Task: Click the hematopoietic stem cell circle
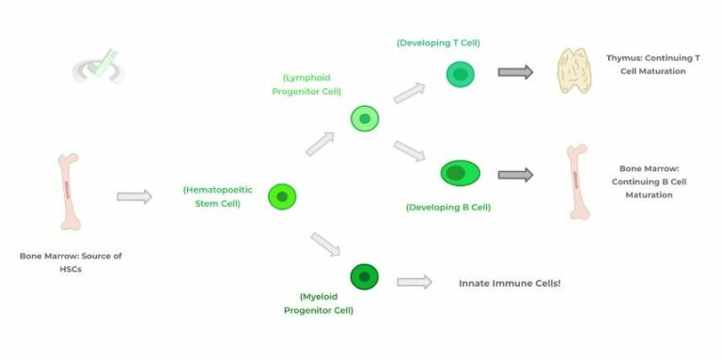[282, 196]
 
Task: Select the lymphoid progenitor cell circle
[365, 118]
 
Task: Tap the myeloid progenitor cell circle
[364, 276]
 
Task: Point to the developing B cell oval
[460, 173]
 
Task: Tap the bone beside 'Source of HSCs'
[67, 193]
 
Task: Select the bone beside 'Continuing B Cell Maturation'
[578, 181]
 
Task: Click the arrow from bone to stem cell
[134, 196]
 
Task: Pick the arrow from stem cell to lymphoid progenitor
[320, 144]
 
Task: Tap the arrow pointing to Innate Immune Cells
[415, 281]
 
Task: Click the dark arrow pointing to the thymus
[515, 72]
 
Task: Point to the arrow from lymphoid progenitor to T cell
[409, 92]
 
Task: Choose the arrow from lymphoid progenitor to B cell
[411, 150]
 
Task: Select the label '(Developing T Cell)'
[439, 42]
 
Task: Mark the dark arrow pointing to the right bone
[515, 174]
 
